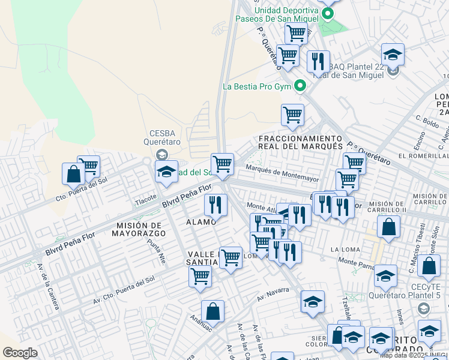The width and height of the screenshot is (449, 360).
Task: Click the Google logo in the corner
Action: [20, 352]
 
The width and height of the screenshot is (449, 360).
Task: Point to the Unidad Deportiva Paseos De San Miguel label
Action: [284, 14]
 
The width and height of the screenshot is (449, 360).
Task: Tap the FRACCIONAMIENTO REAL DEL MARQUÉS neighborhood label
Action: [300, 142]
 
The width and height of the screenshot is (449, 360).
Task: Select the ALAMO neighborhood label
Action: [200, 223]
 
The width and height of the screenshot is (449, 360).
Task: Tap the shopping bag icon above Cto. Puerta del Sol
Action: [73, 174]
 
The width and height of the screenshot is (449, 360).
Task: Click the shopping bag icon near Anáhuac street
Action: [212, 311]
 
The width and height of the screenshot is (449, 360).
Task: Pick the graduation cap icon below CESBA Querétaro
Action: [166, 172]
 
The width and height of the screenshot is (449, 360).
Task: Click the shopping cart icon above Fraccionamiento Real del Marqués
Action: [292, 114]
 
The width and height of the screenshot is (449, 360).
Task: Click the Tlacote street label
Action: [146, 197]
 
